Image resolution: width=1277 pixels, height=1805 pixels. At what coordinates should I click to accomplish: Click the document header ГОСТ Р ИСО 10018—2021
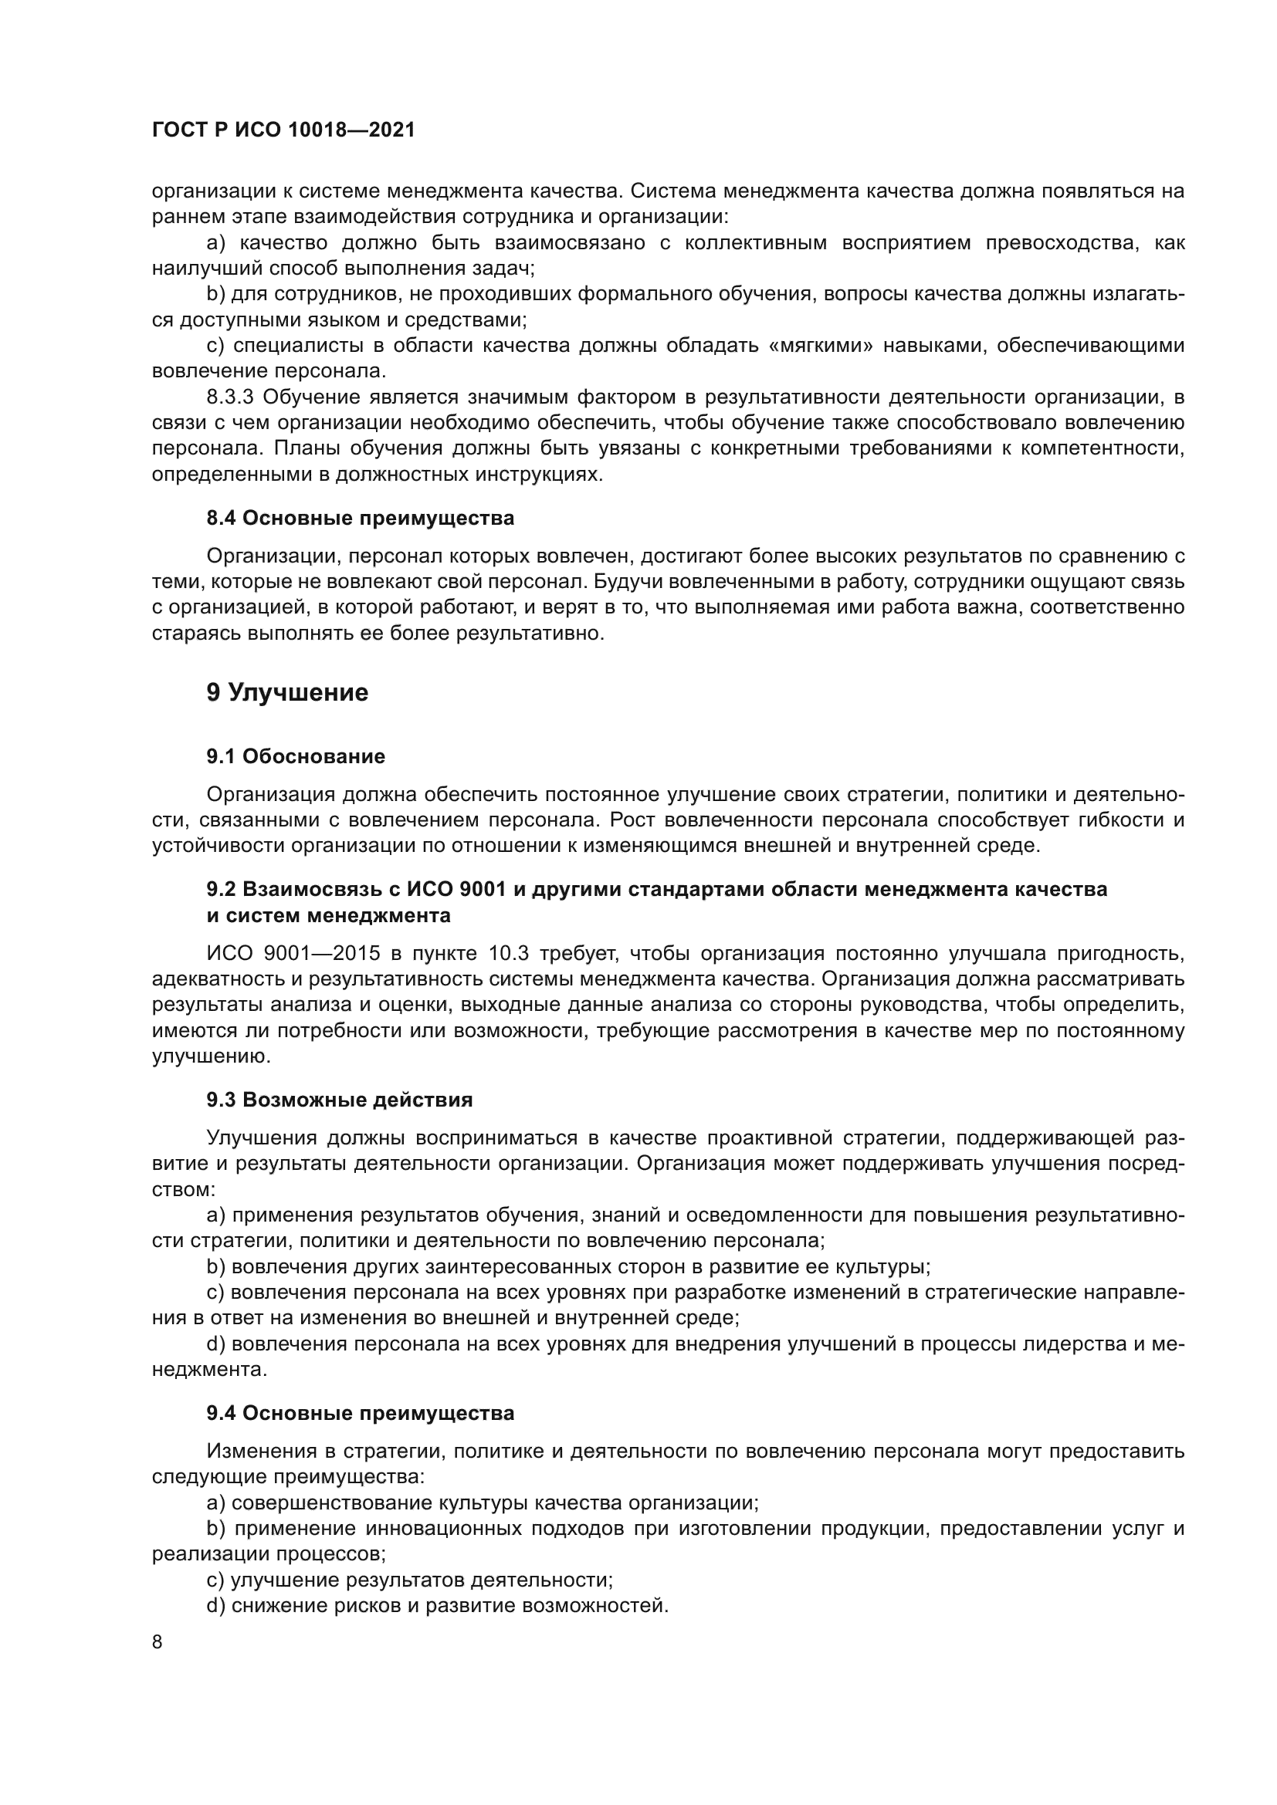283,130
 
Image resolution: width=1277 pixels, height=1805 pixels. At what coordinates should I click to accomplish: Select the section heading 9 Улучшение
287,692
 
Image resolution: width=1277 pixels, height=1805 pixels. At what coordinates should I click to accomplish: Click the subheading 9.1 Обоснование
296,756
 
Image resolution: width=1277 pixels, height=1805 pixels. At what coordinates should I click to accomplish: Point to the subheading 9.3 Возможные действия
340,1100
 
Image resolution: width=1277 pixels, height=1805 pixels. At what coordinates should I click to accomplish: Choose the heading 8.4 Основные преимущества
360,518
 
